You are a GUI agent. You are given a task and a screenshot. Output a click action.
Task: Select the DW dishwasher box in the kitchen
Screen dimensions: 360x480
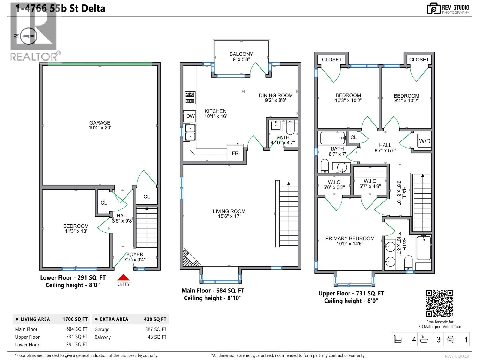click(190, 116)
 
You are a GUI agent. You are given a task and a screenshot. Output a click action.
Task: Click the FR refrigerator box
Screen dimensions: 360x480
click(235, 153)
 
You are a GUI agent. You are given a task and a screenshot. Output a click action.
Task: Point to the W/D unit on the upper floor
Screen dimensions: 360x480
click(424, 141)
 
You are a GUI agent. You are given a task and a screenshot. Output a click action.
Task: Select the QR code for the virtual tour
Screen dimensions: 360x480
click(439, 303)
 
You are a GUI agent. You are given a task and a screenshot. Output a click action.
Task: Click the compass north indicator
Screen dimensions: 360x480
click(29, 36)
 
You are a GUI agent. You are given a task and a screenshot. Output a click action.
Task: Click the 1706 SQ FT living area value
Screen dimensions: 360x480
click(75, 319)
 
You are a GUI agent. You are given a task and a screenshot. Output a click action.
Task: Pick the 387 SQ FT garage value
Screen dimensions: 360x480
click(156, 329)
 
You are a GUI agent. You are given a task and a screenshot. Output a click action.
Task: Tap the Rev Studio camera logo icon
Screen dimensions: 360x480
click(433, 9)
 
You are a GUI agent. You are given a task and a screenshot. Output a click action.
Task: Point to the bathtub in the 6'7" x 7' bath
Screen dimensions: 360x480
click(332, 138)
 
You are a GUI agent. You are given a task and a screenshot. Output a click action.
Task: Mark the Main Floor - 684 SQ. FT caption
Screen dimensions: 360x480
click(213, 291)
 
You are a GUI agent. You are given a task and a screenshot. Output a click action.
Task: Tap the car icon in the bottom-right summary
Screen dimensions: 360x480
click(450, 340)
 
